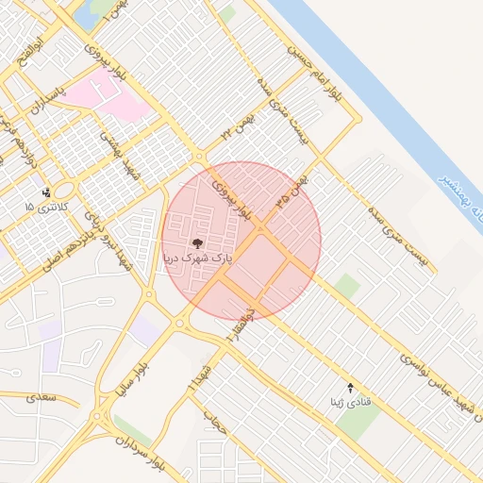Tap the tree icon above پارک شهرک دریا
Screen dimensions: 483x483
[x=197, y=243]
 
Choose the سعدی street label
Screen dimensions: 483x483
[x=42, y=398]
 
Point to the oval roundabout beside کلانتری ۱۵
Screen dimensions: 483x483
[x=66, y=192]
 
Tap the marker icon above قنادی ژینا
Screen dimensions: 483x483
[x=352, y=388]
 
